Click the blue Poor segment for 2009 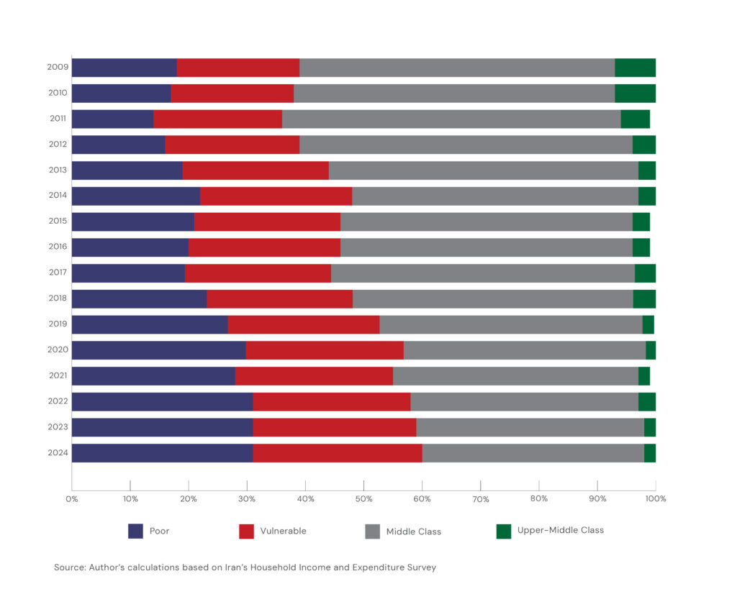(x=124, y=68)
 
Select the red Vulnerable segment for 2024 (x=337, y=453)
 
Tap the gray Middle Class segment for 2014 (x=494, y=196)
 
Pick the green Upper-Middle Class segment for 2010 (x=635, y=93)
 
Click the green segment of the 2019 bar (x=648, y=325)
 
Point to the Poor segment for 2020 (x=158, y=350)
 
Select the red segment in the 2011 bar (x=217, y=119)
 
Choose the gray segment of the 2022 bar (x=524, y=401)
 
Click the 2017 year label (x=58, y=273)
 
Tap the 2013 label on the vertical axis (x=58, y=170)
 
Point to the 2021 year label (x=58, y=376)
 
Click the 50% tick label (x=363, y=499)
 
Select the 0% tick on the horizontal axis (x=72, y=499)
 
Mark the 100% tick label (x=655, y=499)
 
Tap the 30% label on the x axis (x=247, y=499)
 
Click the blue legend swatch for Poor (x=135, y=531)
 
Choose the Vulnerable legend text (x=282, y=531)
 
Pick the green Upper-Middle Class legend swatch (x=504, y=531)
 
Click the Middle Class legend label (x=413, y=531)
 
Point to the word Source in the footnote (x=69, y=567)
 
